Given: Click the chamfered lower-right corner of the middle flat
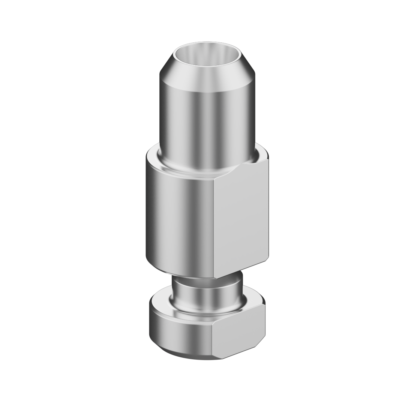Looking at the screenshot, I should pos(266,258).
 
